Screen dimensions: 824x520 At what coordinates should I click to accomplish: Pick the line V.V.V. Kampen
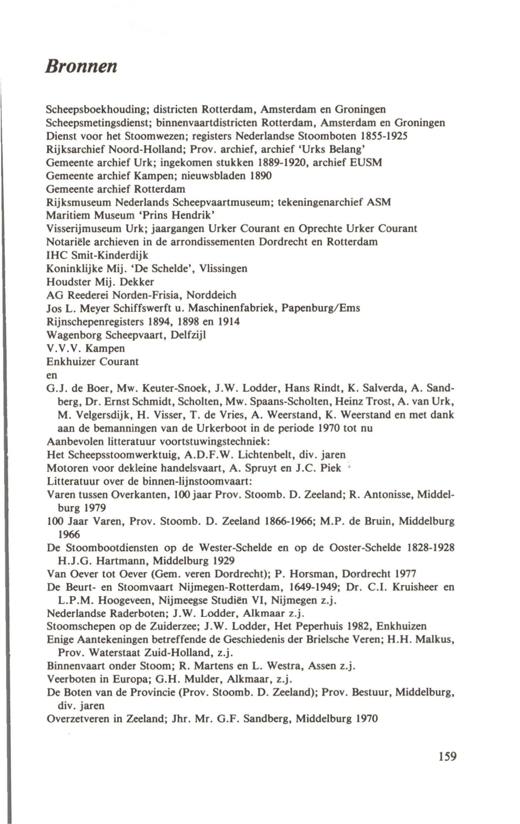(86, 348)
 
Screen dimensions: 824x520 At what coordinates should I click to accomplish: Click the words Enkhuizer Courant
(93, 362)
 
